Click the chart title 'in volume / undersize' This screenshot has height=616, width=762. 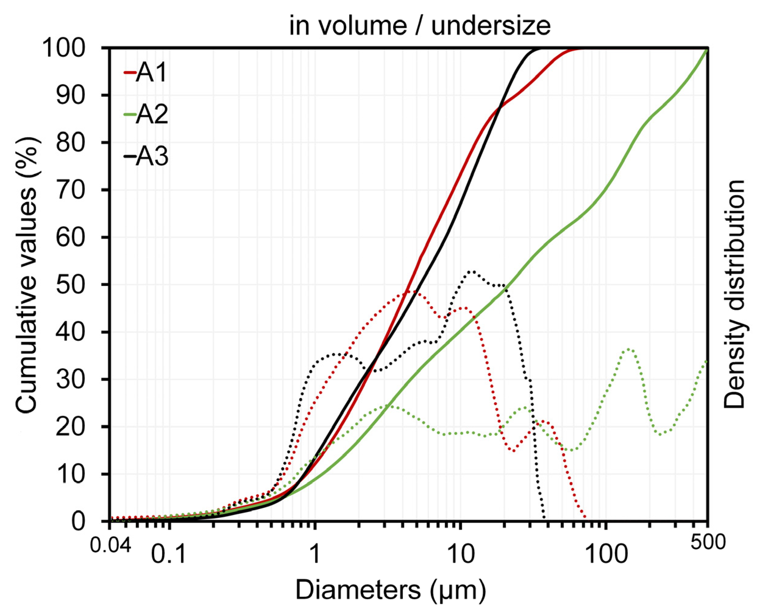[420, 26]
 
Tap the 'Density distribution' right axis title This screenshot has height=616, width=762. [734, 294]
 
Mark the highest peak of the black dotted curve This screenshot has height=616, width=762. [472, 272]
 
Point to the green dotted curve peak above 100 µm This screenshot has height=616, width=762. [628, 349]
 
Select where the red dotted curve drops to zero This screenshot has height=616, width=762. [585, 519]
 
